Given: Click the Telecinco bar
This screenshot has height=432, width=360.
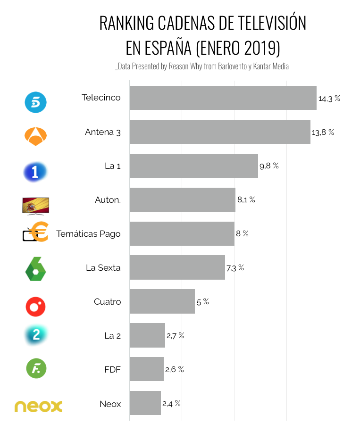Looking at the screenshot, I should pyautogui.click(x=223, y=98).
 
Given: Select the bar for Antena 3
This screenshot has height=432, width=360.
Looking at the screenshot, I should pyautogui.click(x=220, y=132).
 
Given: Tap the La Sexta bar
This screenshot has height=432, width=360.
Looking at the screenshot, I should pyautogui.click(x=177, y=267).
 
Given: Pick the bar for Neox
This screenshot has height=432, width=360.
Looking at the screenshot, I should pyautogui.click(x=145, y=403).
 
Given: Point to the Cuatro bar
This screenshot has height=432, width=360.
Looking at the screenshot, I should pyautogui.click(x=162, y=301).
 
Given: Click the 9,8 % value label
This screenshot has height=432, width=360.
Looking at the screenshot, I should pyautogui.click(x=269, y=166).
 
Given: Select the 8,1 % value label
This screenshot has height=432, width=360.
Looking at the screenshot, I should pyautogui.click(x=246, y=200).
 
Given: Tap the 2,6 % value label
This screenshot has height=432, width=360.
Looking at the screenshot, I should pyautogui.click(x=174, y=369).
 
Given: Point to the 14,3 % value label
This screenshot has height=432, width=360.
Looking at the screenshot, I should pyautogui.click(x=329, y=99).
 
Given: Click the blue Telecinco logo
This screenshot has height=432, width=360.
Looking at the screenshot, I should pyautogui.click(x=35, y=102).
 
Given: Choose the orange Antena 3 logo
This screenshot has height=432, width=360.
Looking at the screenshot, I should pyautogui.click(x=35, y=136).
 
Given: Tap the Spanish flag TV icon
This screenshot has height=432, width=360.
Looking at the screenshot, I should pyautogui.click(x=35, y=206).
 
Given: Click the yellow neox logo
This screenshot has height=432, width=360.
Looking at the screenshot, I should pyautogui.click(x=38, y=407).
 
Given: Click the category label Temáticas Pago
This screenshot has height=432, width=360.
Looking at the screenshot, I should pyautogui.click(x=88, y=234).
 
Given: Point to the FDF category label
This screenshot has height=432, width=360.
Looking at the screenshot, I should pyautogui.click(x=112, y=369).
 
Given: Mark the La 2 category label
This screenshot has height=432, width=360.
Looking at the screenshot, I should pyautogui.click(x=112, y=335).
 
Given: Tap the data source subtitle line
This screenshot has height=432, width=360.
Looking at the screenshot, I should pyautogui.click(x=201, y=66).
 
